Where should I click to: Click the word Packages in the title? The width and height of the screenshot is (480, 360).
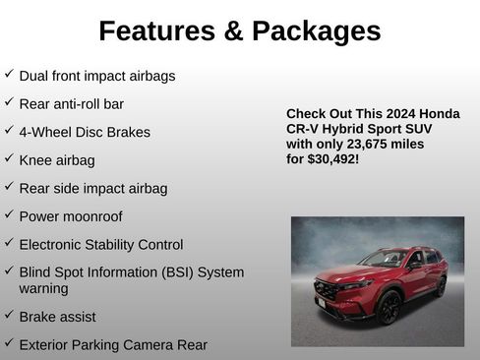(x=316, y=31)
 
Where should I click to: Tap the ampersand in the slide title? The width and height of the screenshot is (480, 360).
(x=233, y=31)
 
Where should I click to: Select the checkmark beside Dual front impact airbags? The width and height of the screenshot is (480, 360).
(x=9, y=74)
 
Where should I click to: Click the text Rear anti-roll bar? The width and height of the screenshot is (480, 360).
(x=71, y=103)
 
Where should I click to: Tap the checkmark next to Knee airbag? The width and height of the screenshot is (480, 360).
(x=9, y=158)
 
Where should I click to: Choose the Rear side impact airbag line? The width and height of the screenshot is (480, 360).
(x=92, y=188)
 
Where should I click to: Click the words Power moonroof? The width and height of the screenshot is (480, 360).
(x=71, y=216)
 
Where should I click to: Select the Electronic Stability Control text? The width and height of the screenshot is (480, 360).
(x=100, y=244)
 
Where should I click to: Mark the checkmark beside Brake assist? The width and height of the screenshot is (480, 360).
(x=9, y=316)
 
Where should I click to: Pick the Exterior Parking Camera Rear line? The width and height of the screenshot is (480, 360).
(x=113, y=344)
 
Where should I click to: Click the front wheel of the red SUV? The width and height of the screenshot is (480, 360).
(x=389, y=307)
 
